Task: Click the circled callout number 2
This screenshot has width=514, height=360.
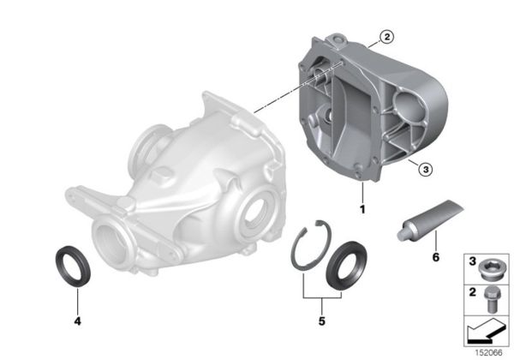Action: [x=386, y=37]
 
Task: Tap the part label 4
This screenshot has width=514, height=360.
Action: [x=76, y=323]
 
